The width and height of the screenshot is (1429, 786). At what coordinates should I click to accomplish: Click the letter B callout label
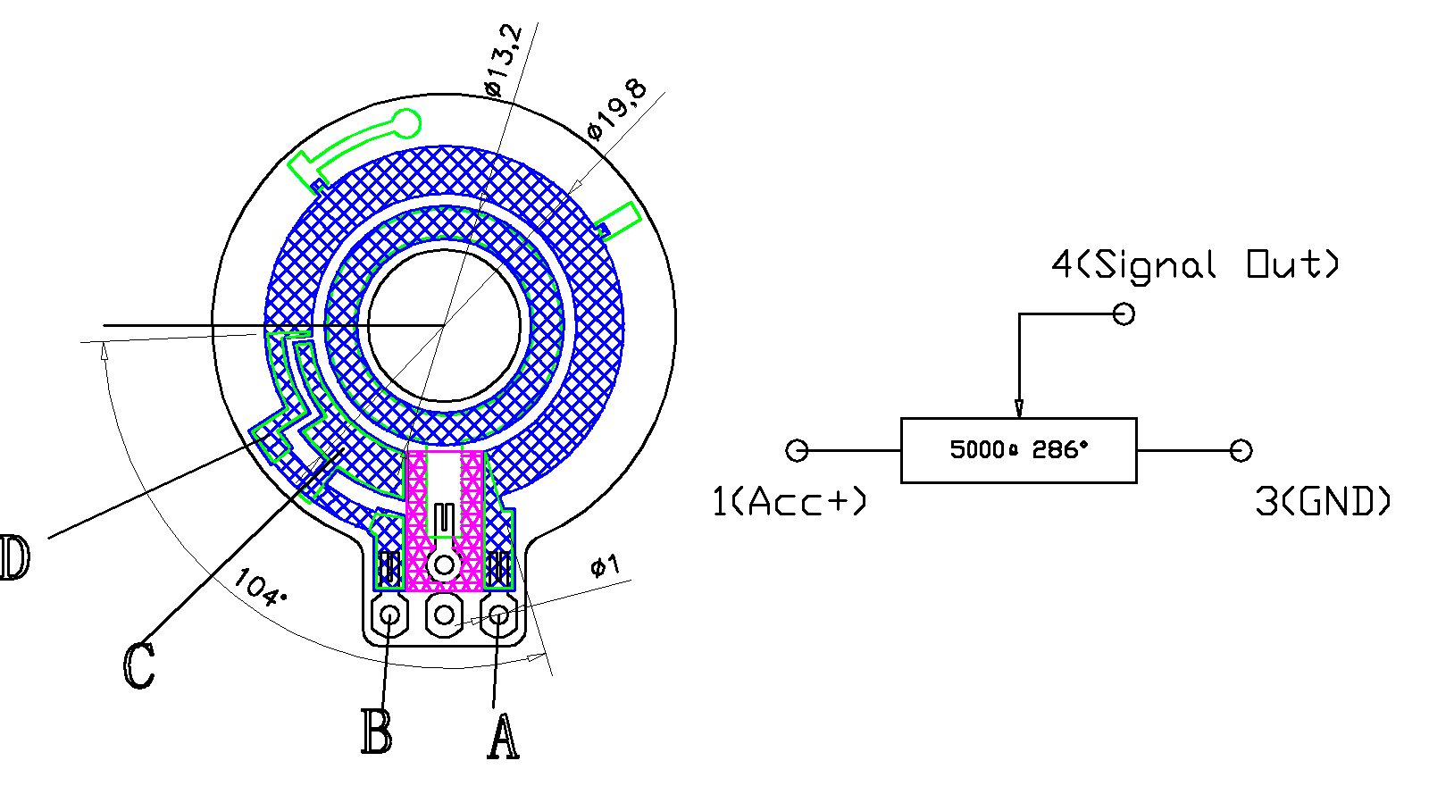tap(376, 732)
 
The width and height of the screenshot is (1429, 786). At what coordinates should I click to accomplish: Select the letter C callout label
tap(138, 665)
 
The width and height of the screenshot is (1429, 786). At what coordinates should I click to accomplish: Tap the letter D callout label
tap(15, 558)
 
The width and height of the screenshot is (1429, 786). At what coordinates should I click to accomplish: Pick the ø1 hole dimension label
tap(605, 565)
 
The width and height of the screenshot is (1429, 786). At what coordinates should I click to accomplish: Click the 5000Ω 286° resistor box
tap(1018, 450)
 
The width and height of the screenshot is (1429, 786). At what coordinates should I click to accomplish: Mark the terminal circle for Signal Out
tap(1124, 314)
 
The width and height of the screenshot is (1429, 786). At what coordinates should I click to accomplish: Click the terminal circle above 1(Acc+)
tap(797, 450)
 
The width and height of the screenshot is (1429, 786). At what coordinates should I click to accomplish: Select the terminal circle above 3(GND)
tap(1241, 450)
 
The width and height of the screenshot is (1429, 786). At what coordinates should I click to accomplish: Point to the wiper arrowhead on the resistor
tap(1019, 408)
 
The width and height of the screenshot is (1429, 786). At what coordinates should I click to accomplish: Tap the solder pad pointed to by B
tap(389, 615)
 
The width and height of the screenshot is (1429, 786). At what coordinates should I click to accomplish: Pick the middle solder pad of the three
tap(444, 615)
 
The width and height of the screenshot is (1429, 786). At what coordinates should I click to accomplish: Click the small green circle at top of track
tap(406, 123)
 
